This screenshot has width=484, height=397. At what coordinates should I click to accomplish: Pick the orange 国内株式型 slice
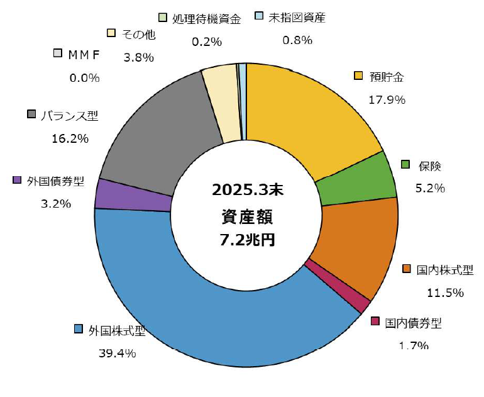(x=358, y=245)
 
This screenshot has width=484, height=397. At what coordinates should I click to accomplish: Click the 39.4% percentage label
(x=117, y=353)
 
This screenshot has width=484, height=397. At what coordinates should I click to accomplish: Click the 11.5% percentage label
(x=445, y=293)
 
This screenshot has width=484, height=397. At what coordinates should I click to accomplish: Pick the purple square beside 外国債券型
(x=18, y=181)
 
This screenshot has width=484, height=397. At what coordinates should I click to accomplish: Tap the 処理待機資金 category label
(x=206, y=18)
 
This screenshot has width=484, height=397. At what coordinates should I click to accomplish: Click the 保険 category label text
(x=431, y=167)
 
